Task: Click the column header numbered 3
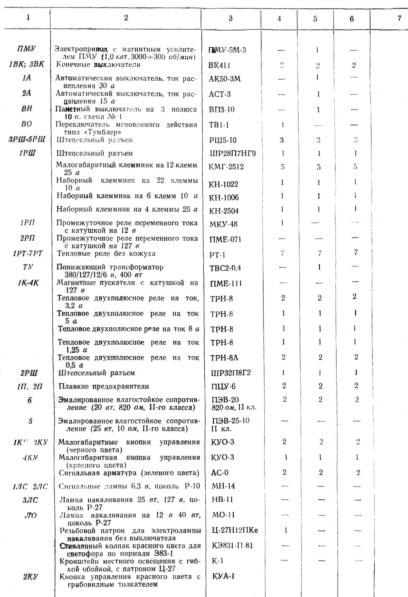click(231, 18)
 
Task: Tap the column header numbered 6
click(352, 19)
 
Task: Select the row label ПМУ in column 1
click(26, 49)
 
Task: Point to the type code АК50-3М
click(225, 79)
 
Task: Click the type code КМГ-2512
click(227, 167)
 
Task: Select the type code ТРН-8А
click(224, 358)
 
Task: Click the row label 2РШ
click(29, 373)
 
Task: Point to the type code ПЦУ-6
click(223, 386)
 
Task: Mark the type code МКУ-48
click(224, 224)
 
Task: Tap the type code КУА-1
click(223, 576)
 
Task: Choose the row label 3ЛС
click(30, 500)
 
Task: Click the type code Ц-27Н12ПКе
click(234, 530)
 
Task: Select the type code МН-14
click(223, 486)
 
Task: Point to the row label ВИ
click(27, 109)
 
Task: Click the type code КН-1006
click(224, 197)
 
